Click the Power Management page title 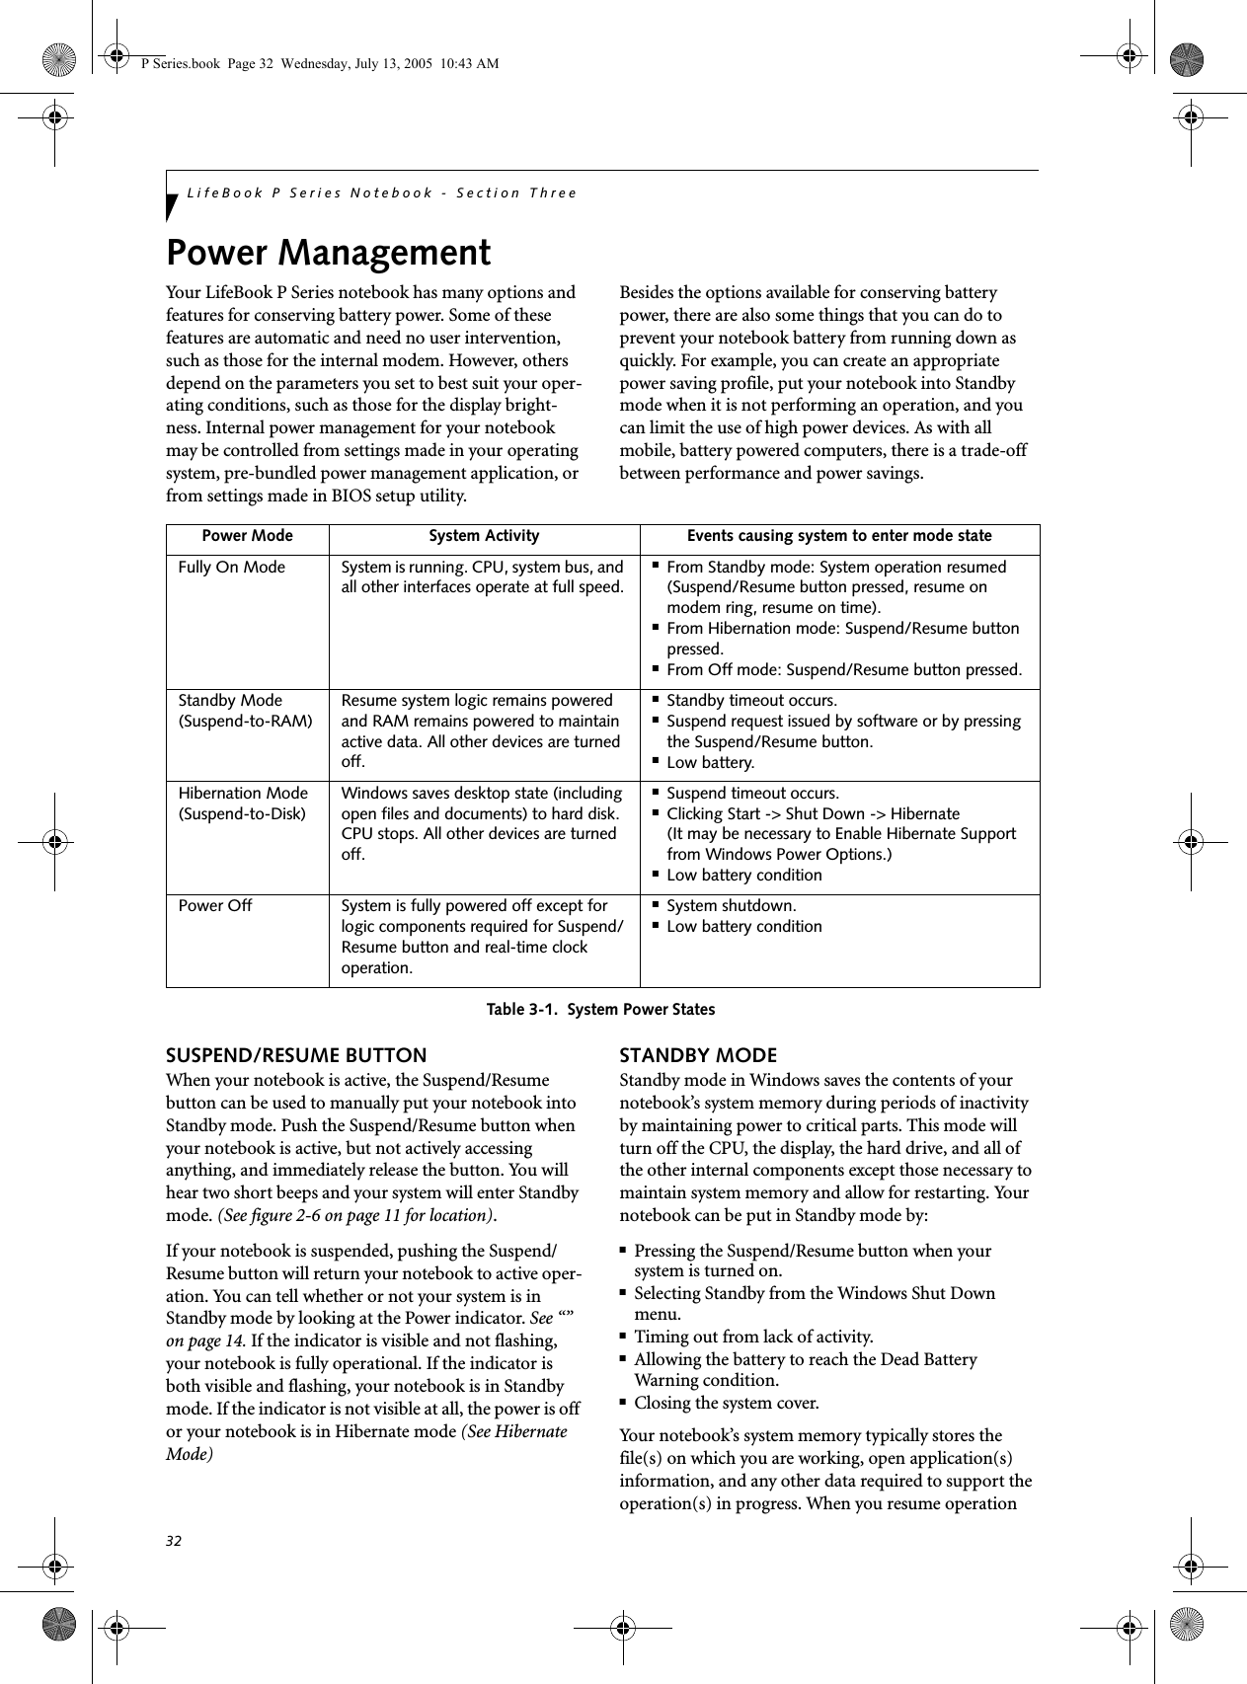click(328, 254)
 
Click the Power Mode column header click(247, 536)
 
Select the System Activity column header click(484, 536)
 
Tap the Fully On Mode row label click(231, 568)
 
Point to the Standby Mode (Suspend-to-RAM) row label click(244, 711)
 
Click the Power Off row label click(214, 906)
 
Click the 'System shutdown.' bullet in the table click(731, 906)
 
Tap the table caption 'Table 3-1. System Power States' click(602, 1010)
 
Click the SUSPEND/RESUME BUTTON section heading click(296, 1055)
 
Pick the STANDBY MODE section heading click(697, 1055)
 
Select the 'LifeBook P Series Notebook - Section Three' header click(381, 192)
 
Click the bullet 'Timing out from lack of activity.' click(752, 1338)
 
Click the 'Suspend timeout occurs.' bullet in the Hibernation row click(752, 794)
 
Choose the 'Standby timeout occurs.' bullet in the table click(750, 701)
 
